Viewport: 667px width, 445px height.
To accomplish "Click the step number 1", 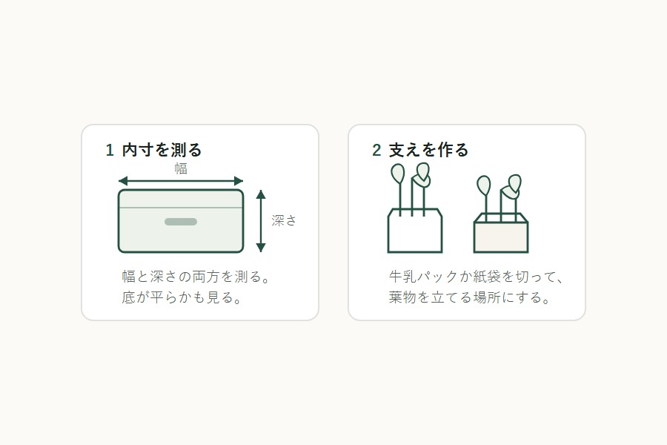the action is pyautogui.click(x=110, y=151).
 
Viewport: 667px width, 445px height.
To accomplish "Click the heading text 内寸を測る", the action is pyautogui.click(x=162, y=150).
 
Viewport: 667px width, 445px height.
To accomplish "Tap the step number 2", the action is pyautogui.click(x=376, y=151).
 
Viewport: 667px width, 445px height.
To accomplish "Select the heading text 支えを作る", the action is pyautogui.click(x=428, y=150).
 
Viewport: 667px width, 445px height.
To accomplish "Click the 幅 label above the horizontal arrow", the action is pyautogui.click(x=181, y=168).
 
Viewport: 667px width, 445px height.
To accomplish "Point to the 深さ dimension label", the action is pyautogui.click(x=284, y=220).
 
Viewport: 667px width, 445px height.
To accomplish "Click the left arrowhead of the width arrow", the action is pyautogui.click(x=123, y=181).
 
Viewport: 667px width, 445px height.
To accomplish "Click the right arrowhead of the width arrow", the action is pyautogui.click(x=239, y=181).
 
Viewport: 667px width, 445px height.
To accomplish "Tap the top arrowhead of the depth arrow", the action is pyautogui.click(x=261, y=194).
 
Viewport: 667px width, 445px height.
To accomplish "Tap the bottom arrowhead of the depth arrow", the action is pyautogui.click(x=261, y=248).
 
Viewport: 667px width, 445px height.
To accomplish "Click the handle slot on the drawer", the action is pyautogui.click(x=181, y=222).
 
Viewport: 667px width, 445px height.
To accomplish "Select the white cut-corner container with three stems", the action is pyautogui.click(x=415, y=231).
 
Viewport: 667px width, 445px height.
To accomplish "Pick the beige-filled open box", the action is pyautogui.click(x=501, y=234).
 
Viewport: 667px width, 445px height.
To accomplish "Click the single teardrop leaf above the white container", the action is pyautogui.click(x=398, y=174).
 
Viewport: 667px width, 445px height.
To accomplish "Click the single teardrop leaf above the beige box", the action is pyautogui.click(x=484, y=185).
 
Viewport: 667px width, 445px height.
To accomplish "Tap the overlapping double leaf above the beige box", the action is pyautogui.click(x=511, y=187).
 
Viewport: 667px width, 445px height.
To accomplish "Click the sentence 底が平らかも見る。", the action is pyautogui.click(x=182, y=297).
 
